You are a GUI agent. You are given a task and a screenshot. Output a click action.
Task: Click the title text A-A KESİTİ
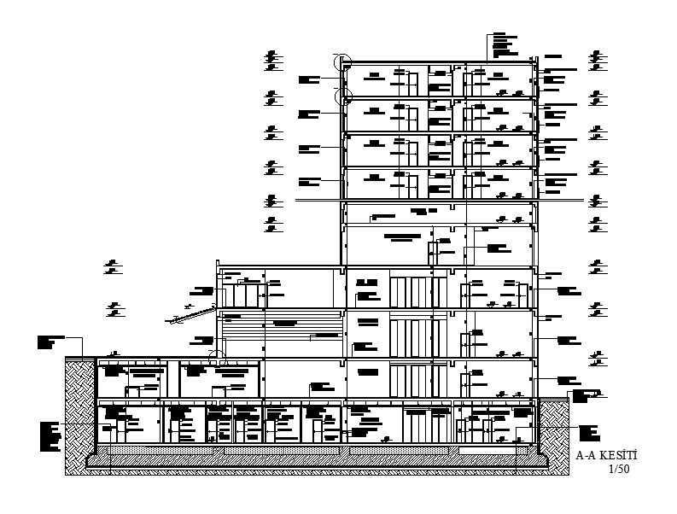608,457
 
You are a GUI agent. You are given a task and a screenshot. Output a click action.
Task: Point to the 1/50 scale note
618,470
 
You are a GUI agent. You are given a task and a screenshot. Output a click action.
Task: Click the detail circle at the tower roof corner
341,61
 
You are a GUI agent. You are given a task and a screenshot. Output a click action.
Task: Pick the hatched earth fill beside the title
555,435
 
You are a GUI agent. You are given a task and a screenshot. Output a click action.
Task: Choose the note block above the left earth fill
50,342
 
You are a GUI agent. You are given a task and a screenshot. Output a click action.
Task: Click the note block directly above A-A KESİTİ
588,433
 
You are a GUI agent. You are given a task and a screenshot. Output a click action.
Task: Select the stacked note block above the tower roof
500,46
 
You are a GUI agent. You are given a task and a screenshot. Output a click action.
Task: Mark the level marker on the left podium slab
112,353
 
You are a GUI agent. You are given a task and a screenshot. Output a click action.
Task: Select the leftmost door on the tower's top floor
411,84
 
